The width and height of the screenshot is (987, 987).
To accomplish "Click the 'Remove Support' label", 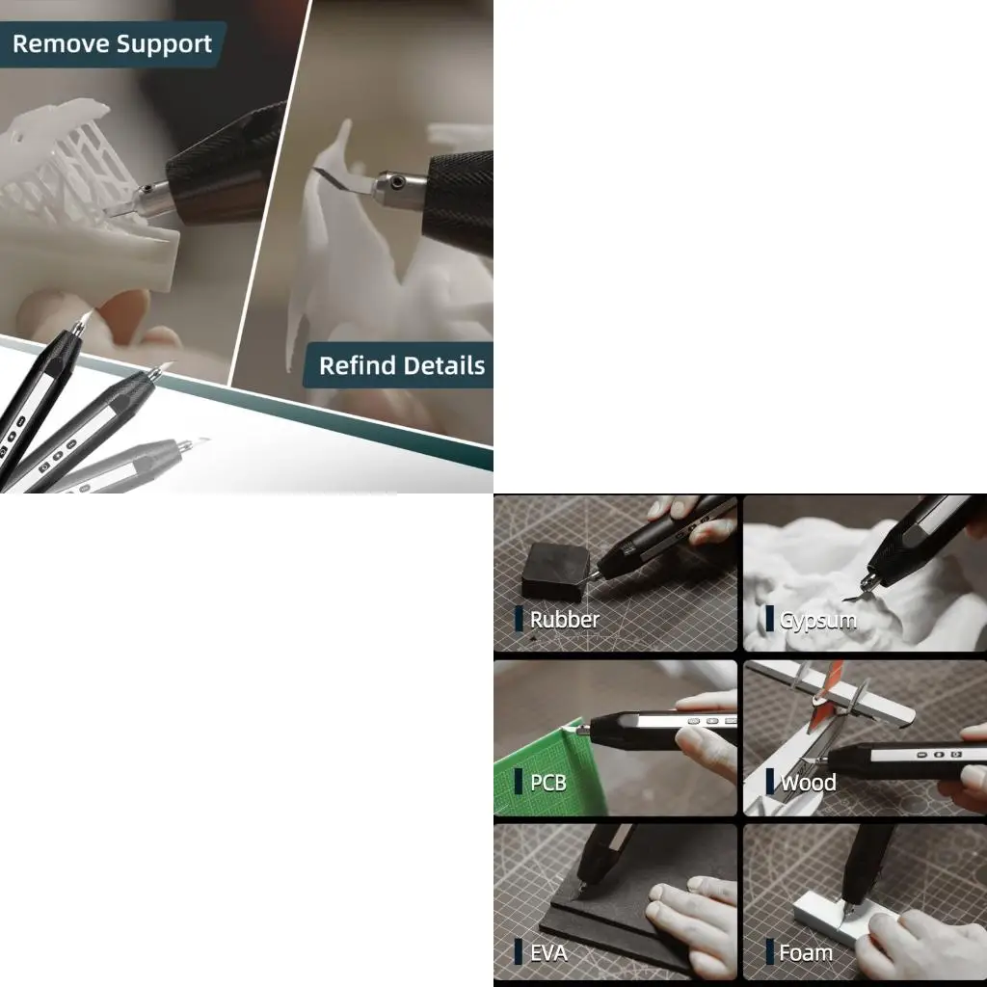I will pos(111,44).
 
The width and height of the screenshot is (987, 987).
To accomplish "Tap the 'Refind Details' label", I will pos(401,366).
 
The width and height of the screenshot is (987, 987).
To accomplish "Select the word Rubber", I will pos(564,620).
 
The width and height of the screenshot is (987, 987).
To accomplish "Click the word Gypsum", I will pos(817,620).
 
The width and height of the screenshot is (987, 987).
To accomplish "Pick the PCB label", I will pos(547,782).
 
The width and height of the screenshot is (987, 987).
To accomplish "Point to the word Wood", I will pos(808,783).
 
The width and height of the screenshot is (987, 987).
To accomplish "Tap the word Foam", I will pos(805,953).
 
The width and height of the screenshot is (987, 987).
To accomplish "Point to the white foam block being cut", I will pos(829,916).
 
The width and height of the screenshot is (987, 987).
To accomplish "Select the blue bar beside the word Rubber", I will pos(519,619).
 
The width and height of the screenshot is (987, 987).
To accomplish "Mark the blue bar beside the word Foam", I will pos(770,952).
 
